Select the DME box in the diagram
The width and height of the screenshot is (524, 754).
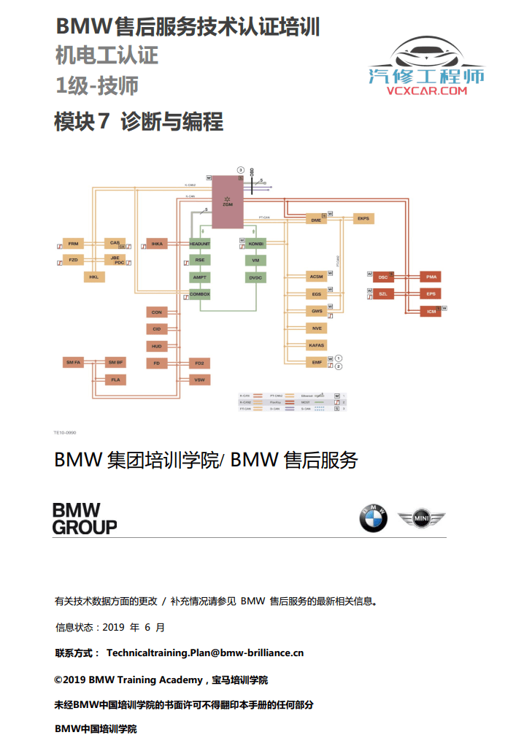[x=315, y=219]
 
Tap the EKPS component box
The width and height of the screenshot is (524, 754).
[x=363, y=218]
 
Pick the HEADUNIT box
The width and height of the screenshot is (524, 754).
[x=199, y=243]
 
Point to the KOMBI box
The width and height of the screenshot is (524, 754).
[x=255, y=243]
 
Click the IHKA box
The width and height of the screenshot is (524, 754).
[x=157, y=243]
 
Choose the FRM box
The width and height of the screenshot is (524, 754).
[x=73, y=243]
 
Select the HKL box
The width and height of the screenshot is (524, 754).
[x=93, y=277]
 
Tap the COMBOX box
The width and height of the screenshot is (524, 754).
[x=199, y=294]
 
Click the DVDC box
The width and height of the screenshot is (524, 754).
[x=255, y=277]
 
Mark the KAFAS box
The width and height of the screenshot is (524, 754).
[x=316, y=345]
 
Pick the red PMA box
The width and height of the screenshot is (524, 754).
[x=431, y=277]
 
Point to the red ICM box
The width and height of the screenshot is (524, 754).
[x=431, y=312]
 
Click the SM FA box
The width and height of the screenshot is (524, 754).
[x=73, y=362]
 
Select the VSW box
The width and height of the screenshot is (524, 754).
[x=199, y=380]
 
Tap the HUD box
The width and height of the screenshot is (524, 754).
[x=157, y=346]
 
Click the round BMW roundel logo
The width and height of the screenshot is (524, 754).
[x=373, y=519]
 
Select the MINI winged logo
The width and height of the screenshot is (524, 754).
[x=421, y=519]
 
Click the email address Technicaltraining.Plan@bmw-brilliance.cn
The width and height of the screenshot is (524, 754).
[x=205, y=653]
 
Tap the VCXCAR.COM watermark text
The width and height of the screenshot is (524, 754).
[x=426, y=92]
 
